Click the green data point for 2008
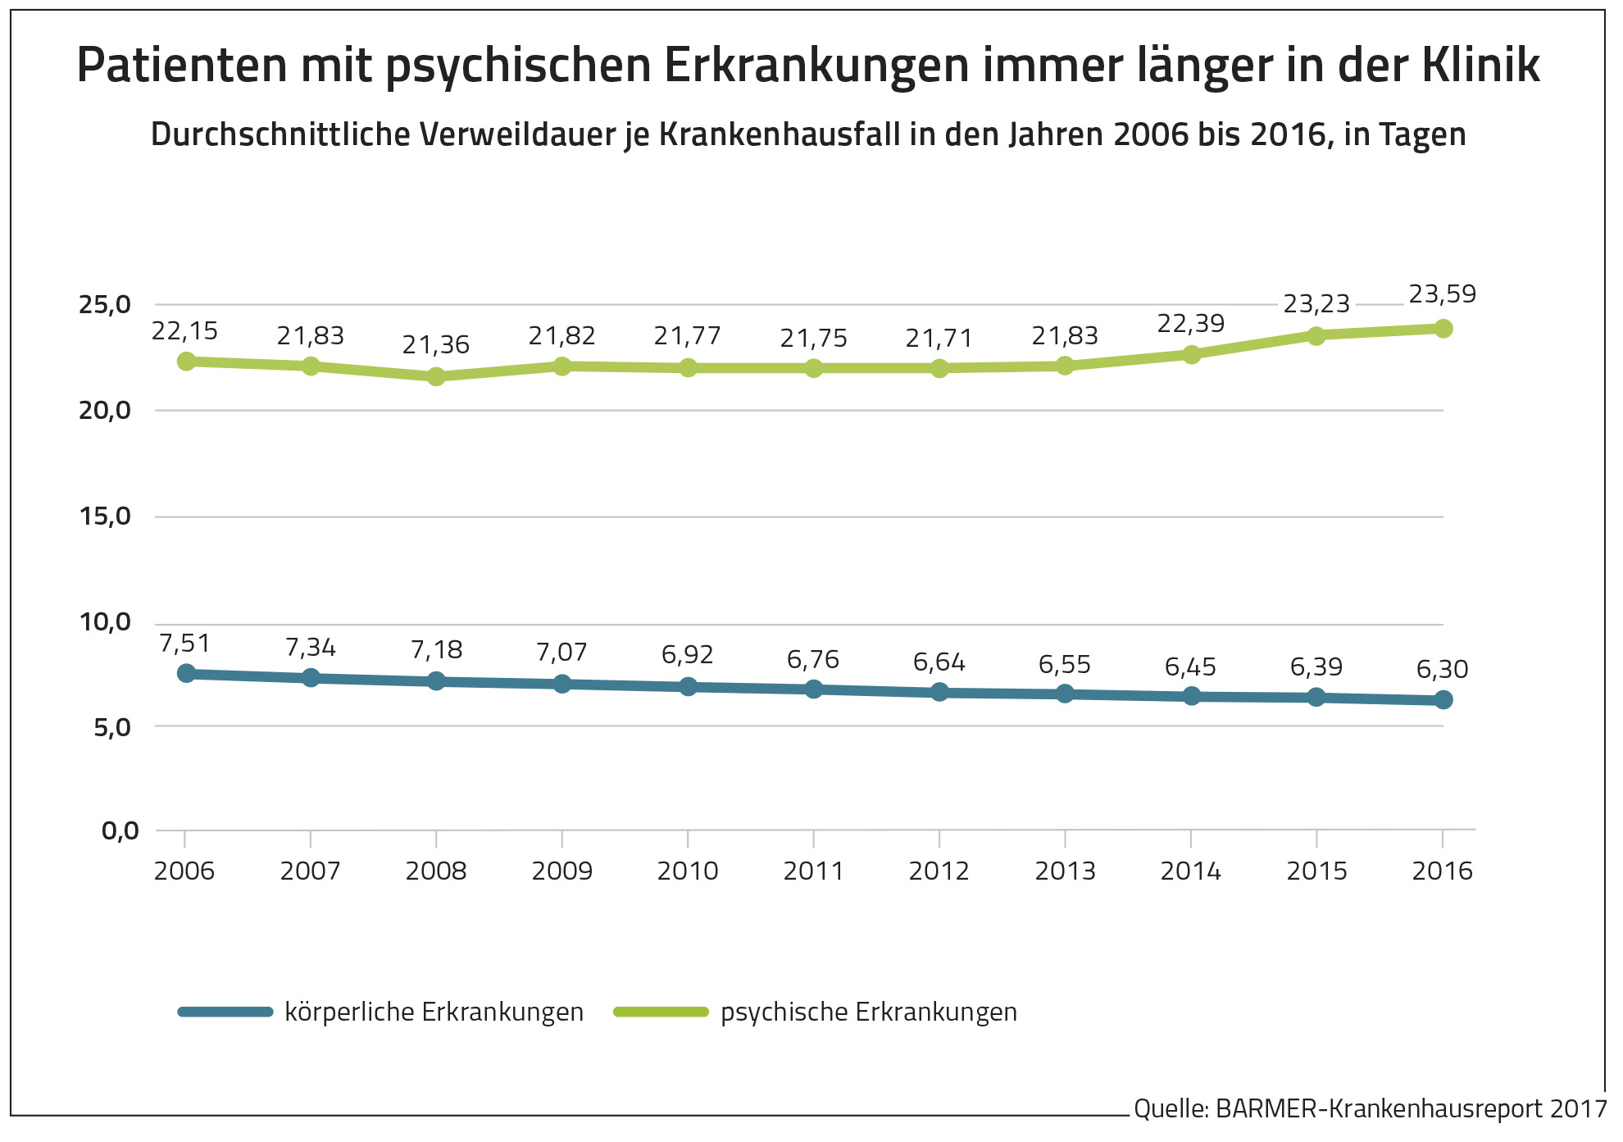pyautogui.click(x=436, y=376)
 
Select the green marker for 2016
pyautogui.click(x=1443, y=329)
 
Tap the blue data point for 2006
pyautogui.click(x=186, y=673)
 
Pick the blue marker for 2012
pyautogui.click(x=939, y=692)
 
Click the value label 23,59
pyautogui.click(x=1442, y=293)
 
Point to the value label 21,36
pyautogui.click(x=435, y=344)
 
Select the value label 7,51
pyautogui.click(x=184, y=644)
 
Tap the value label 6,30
pyautogui.click(x=1442, y=669)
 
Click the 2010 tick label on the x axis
pyautogui.click(x=687, y=871)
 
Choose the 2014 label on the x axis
pyautogui.click(x=1190, y=871)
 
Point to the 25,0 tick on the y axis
pyautogui.click(x=105, y=305)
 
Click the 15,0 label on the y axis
pyautogui.click(x=105, y=516)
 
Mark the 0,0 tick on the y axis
pyautogui.click(x=120, y=831)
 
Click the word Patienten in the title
pyautogui.click(x=182, y=66)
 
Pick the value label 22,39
pyautogui.click(x=1190, y=324)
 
